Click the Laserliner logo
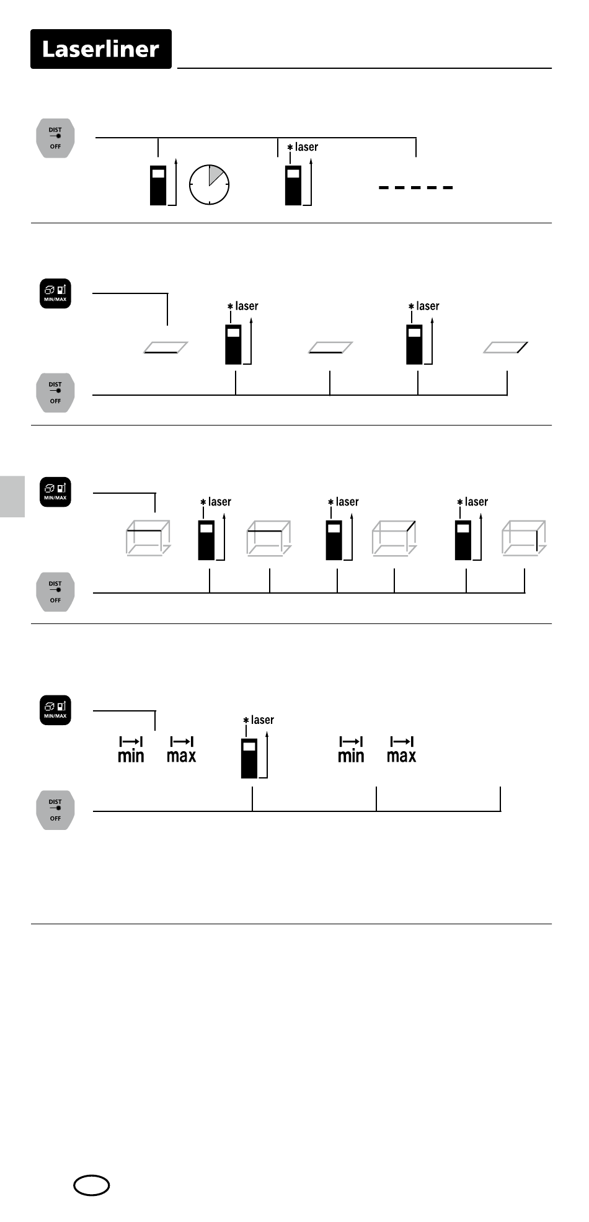[100, 49]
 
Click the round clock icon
[209, 185]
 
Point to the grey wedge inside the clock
[215, 175]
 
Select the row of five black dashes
[415, 187]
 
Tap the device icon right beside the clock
[159, 185]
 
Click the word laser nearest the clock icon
[306, 147]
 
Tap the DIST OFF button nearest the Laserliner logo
[55, 138]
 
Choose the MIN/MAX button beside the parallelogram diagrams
[55, 293]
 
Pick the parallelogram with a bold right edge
[506, 347]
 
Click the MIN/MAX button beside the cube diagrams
[55, 492]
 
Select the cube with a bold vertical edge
[524, 538]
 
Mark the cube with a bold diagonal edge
[394, 538]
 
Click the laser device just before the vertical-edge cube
[463, 541]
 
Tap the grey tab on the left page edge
[12, 496]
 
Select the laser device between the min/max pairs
[249, 758]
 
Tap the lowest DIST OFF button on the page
[55, 810]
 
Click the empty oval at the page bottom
[92, 1186]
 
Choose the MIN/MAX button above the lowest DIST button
[55, 710]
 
